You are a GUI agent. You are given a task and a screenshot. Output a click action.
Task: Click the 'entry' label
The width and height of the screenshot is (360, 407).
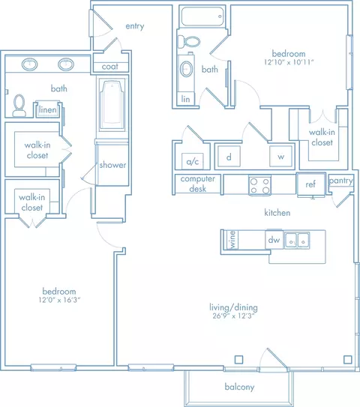[135, 26]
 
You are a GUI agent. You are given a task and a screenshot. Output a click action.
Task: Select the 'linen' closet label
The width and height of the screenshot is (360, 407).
[47, 110]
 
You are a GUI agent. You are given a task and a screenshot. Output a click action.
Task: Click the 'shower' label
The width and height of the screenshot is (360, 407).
[112, 165]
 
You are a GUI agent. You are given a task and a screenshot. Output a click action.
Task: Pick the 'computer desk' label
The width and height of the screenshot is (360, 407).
[199, 184]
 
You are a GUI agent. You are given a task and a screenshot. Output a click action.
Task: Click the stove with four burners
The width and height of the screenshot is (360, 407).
[259, 185]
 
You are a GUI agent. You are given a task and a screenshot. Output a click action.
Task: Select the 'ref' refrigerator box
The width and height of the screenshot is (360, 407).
[310, 184]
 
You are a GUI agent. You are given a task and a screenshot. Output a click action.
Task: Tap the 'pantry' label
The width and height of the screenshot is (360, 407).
[341, 181]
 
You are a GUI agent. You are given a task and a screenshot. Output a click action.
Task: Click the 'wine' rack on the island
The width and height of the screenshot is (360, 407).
[233, 240]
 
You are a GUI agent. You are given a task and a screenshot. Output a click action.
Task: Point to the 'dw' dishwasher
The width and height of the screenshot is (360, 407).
[274, 240]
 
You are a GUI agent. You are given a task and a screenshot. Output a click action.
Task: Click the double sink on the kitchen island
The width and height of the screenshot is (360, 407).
[301, 240]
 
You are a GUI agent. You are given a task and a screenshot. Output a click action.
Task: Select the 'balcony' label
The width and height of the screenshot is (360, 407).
[240, 388]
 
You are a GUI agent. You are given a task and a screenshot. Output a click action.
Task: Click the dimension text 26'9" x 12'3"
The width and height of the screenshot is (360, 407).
[239, 316]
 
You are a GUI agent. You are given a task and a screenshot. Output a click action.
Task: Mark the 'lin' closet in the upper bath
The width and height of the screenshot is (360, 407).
[184, 98]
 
